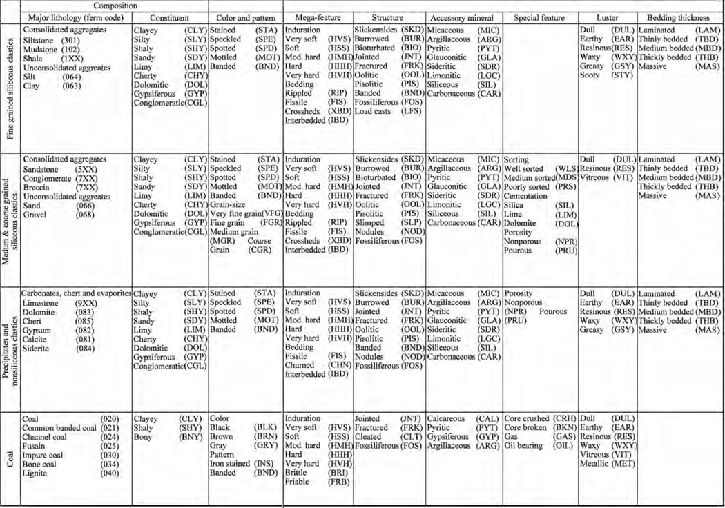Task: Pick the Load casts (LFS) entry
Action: click(387, 110)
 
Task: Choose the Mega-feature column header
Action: click(317, 17)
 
